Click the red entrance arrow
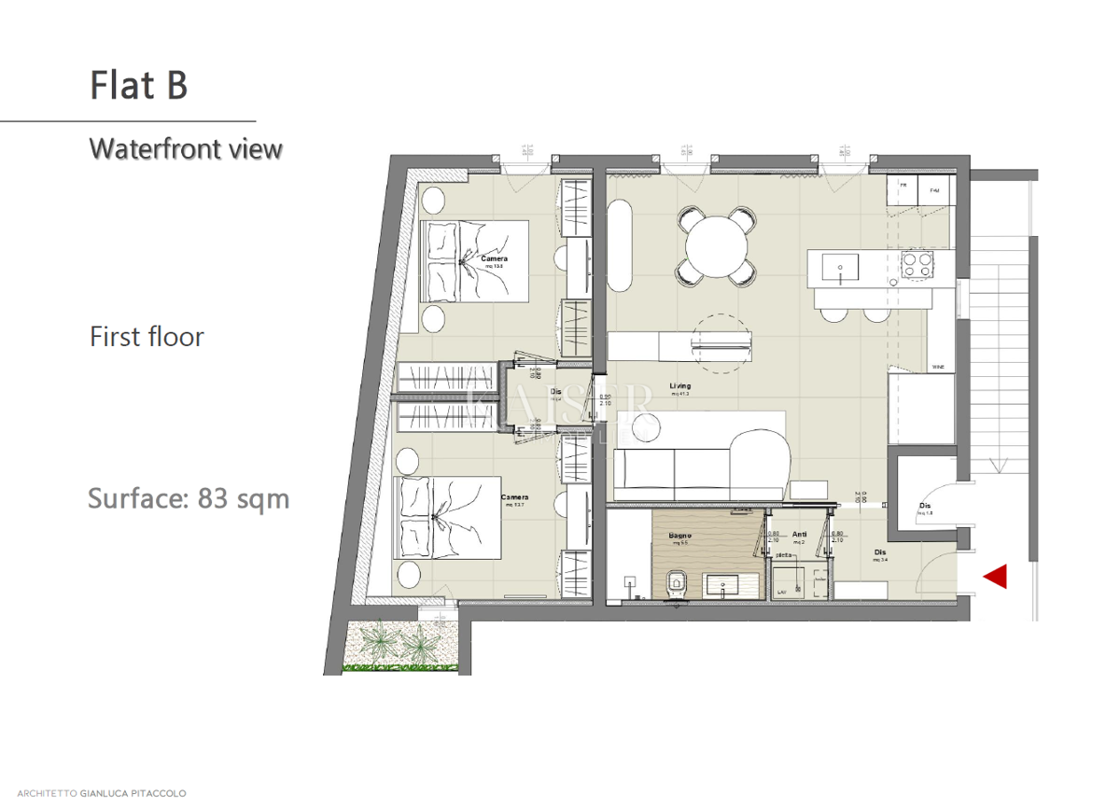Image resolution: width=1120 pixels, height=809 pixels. click(996, 577)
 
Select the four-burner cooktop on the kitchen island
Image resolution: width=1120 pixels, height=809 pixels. click(916, 265)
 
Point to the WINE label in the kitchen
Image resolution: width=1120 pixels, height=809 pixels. click(938, 368)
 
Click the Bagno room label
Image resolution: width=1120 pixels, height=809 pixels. click(679, 536)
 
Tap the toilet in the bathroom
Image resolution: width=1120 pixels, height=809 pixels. click(677, 585)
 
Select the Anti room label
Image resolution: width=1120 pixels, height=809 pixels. click(799, 536)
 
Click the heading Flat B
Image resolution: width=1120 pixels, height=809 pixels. click(139, 85)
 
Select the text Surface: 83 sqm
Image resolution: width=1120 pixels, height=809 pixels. click(189, 498)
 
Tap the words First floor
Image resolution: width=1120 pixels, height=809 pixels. click(147, 337)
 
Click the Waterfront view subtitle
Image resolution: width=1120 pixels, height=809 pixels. click(185, 149)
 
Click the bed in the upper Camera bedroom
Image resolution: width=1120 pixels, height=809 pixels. click(474, 262)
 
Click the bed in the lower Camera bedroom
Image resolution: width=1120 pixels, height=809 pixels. click(447, 519)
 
